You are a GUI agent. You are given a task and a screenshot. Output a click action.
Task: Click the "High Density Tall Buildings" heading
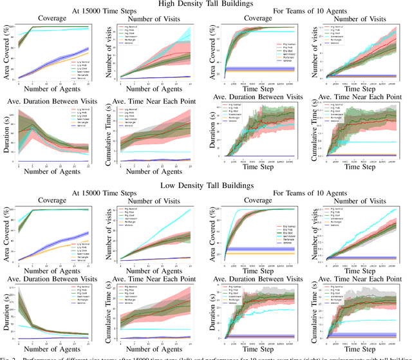coord(206,5)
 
